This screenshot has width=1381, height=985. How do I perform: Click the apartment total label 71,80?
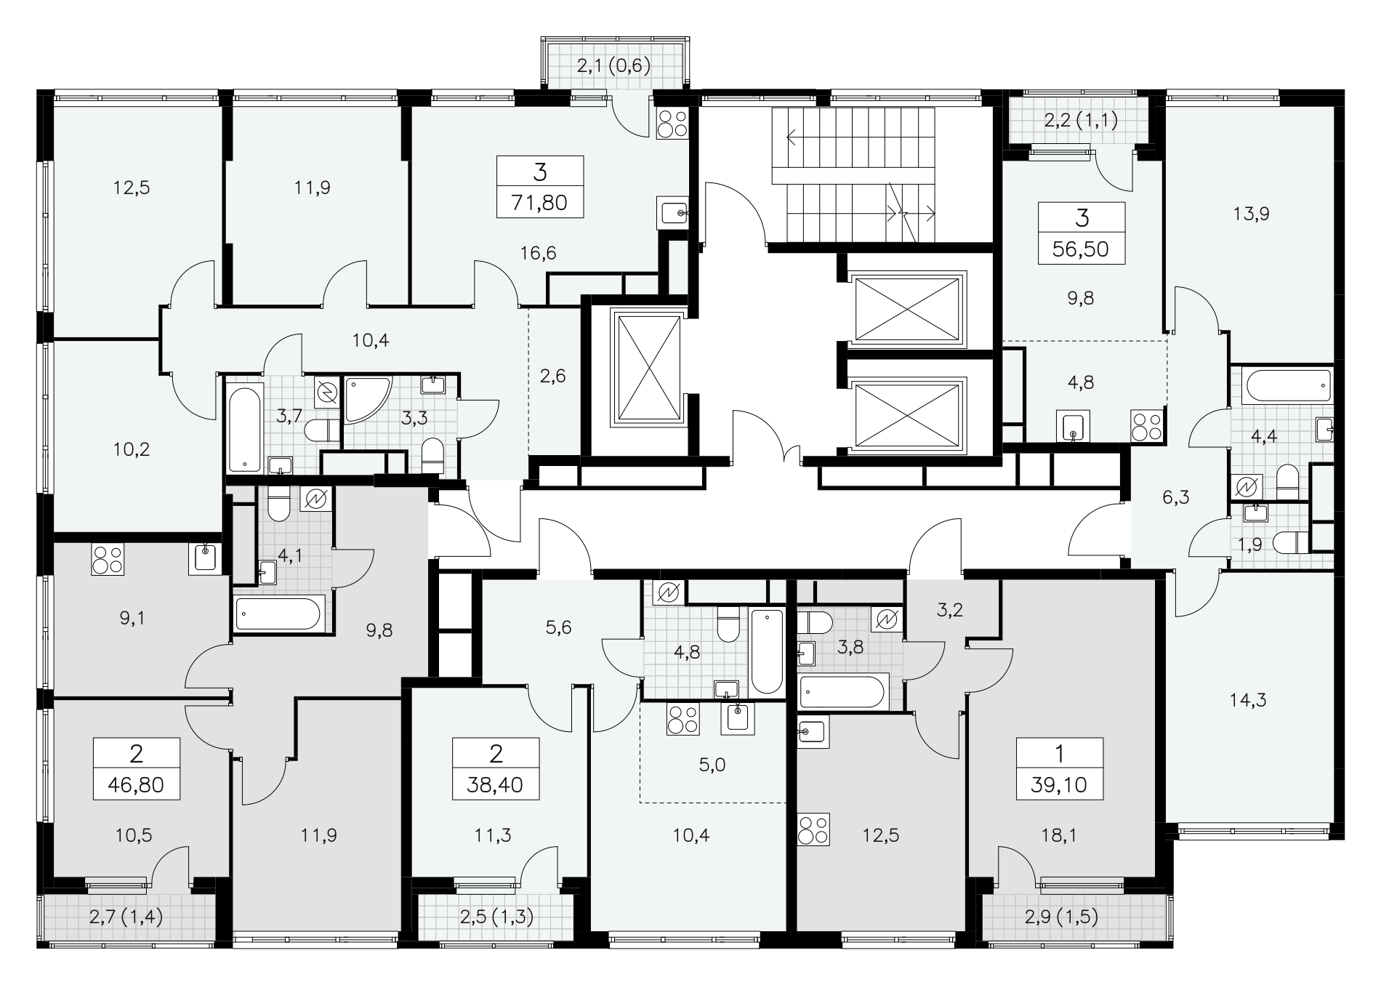click(539, 203)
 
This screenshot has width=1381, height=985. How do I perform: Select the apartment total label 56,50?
click(1081, 249)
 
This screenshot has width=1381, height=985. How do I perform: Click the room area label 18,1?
click(1058, 836)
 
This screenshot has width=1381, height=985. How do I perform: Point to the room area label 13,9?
click(1250, 214)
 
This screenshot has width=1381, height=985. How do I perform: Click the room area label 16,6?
click(539, 254)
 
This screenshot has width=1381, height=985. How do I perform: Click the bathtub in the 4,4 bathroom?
click(1287, 386)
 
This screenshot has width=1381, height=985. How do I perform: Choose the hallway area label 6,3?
click(1175, 498)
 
